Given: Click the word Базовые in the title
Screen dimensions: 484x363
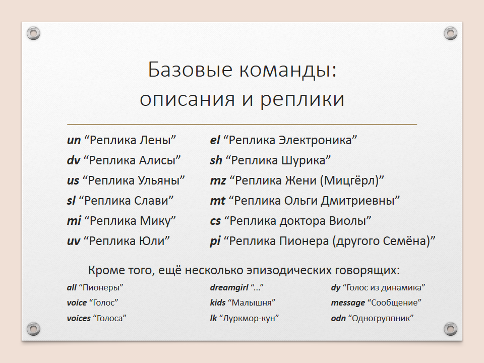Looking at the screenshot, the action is click(190, 69).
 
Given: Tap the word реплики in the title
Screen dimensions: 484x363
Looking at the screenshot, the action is click(302, 100).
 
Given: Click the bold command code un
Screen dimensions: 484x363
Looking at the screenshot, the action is click(74, 141).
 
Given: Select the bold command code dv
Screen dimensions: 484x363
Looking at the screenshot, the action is click(74, 160).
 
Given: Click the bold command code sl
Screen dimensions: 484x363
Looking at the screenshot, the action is click(71, 201).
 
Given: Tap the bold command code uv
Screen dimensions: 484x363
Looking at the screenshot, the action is click(74, 241).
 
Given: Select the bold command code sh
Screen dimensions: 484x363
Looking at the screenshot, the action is click(216, 160).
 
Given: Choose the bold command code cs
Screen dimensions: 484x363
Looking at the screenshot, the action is click(215, 221).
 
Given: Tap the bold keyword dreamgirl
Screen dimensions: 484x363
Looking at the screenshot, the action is click(229, 288).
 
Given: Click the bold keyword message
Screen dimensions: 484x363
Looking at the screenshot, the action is click(348, 303).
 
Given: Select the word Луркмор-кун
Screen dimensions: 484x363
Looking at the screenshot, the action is click(249, 318).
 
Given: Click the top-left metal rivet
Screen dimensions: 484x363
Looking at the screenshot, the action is click(34, 33).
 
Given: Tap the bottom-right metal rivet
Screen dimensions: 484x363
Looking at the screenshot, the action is click(450, 329).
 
